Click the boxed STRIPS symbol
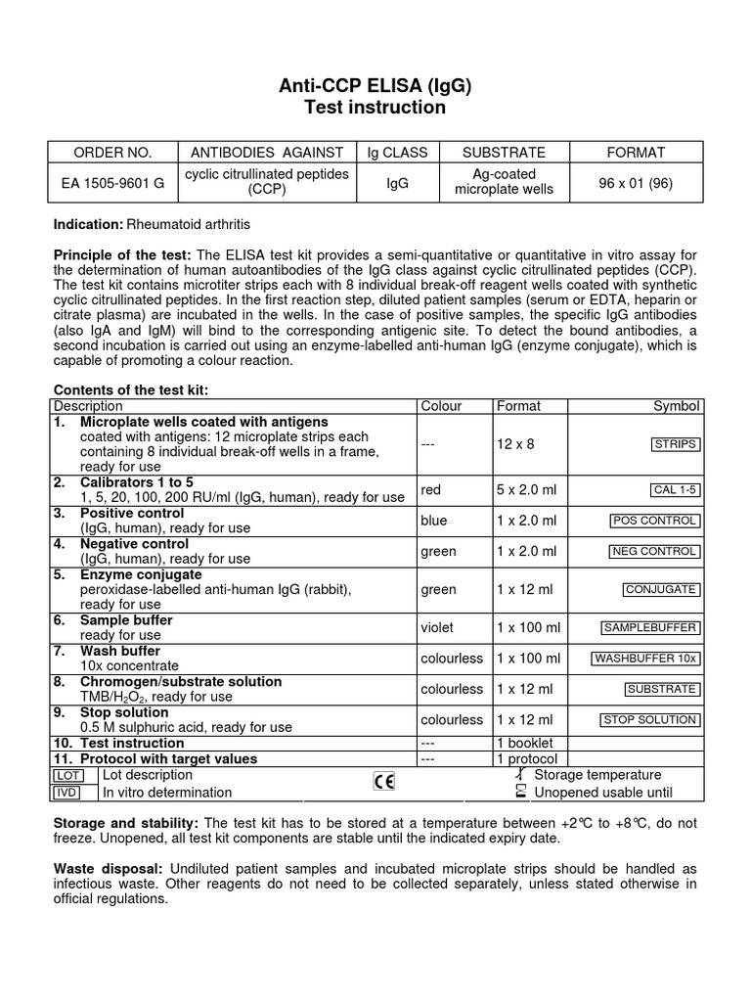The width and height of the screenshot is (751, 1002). tap(675, 444)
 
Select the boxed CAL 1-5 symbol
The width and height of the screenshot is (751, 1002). tap(674, 490)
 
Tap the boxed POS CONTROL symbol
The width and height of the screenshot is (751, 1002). tap(654, 521)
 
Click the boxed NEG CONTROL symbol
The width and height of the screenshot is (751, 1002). tap(654, 551)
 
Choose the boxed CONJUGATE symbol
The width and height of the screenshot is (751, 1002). tap(661, 589)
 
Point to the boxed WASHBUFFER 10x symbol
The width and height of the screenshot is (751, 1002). tap(645, 659)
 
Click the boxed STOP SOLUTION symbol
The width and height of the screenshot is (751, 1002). tap(649, 720)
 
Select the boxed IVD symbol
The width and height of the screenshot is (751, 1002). tap(67, 793)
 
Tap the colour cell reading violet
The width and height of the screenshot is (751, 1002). tap(438, 627)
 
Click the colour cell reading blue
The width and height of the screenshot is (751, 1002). tap(433, 521)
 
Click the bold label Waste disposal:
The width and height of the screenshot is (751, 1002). tap(109, 868)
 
